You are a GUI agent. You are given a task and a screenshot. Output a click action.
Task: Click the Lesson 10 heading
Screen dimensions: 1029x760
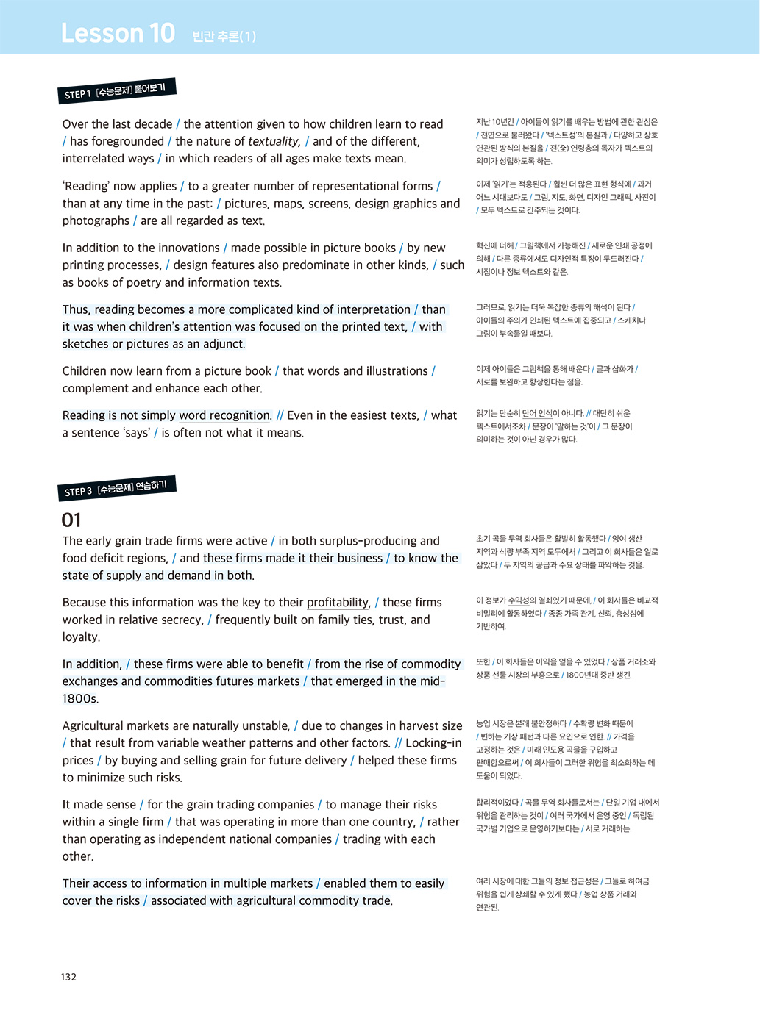click(118, 33)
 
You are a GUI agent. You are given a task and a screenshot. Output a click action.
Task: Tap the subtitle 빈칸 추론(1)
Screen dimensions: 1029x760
click(224, 36)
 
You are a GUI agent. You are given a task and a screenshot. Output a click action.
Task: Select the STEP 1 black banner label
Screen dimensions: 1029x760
click(116, 91)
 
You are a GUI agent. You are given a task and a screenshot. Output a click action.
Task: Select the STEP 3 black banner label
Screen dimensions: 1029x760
click(116, 488)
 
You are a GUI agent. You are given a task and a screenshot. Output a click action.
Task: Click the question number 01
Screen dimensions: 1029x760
click(71, 520)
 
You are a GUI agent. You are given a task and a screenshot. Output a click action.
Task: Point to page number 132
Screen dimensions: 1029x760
click(68, 977)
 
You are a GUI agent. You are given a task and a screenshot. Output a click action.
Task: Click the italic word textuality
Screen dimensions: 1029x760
click(274, 141)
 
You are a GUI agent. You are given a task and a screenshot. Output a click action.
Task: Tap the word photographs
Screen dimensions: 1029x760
click(96, 220)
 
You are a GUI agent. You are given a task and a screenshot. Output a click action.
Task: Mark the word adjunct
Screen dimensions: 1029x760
click(222, 344)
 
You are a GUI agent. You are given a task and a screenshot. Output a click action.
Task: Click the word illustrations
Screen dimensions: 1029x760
click(387, 371)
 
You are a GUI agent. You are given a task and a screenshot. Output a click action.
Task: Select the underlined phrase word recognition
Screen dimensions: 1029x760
click(224, 415)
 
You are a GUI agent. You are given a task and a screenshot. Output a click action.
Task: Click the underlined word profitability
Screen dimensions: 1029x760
click(338, 603)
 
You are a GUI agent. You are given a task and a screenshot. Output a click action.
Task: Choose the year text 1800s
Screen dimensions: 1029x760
click(80, 699)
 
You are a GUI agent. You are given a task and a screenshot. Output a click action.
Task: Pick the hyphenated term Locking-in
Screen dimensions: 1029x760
click(433, 743)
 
